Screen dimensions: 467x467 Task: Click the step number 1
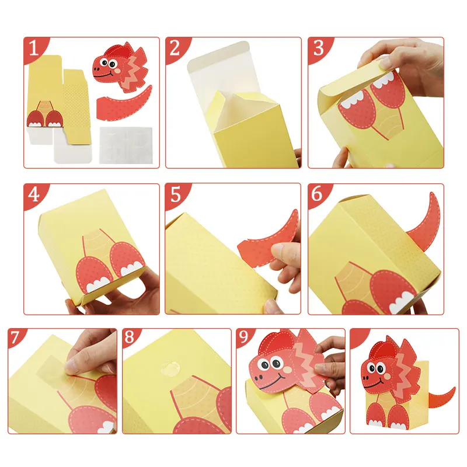[x=34, y=48]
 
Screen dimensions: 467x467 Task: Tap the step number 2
[x=175, y=48]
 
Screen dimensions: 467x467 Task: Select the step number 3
[x=318, y=48]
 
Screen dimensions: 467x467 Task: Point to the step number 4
[x=34, y=194]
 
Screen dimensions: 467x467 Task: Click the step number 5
[x=176, y=194]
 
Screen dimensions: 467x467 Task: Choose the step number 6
[x=317, y=194]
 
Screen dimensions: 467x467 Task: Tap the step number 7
[x=15, y=337]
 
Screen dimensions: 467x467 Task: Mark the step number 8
[x=130, y=337]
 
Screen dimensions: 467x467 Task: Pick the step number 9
[x=243, y=337]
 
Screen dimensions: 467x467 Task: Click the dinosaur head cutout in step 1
[x=120, y=67]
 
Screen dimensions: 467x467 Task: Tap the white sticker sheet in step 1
[x=126, y=145]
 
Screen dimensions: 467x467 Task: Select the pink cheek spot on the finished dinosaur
[x=387, y=377]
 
